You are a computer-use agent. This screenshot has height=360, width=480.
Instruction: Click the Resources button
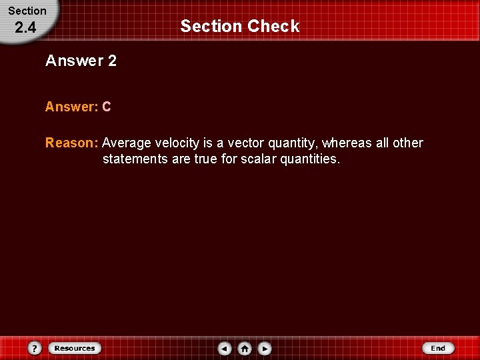tap(75, 348)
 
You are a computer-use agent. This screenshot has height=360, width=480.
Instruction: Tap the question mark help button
tap(35, 348)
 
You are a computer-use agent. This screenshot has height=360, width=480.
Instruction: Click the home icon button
tap(245, 348)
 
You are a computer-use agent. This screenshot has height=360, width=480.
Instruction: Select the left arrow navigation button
tap(225, 348)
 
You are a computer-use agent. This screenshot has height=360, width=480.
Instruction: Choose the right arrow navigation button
tap(265, 348)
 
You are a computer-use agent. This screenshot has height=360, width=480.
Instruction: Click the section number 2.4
tap(25, 28)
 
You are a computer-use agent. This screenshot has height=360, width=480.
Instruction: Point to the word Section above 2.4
tap(27, 11)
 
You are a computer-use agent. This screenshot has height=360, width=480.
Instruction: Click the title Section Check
tap(239, 26)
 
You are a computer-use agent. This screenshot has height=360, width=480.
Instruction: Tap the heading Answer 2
tap(81, 61)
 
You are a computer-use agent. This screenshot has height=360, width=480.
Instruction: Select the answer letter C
tap(107, 107)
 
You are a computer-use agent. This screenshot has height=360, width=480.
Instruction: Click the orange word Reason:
tap(72, 143)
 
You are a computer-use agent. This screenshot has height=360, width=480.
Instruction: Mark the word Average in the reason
tap(127, 143)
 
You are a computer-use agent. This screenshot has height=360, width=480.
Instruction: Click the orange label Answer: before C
tap(71, 107)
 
